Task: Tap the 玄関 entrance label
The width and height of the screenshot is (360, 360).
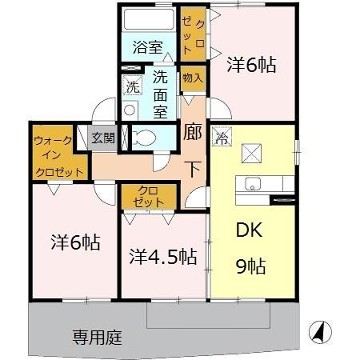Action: click(x=103, y=139)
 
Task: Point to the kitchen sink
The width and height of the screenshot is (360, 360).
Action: click(x=252, y=185)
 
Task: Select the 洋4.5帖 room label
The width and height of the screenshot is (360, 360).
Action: click(x=162, y=255)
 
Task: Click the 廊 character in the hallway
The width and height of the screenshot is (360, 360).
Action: click(x=193, y=131)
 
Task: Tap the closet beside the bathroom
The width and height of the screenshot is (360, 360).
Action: click(x=193, y=32)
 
